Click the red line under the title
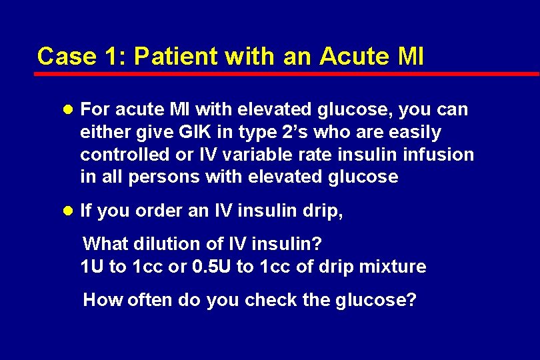click(x=287, y=73)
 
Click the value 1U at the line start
click(x=93, y=267)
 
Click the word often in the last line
click(x=149, y=300)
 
